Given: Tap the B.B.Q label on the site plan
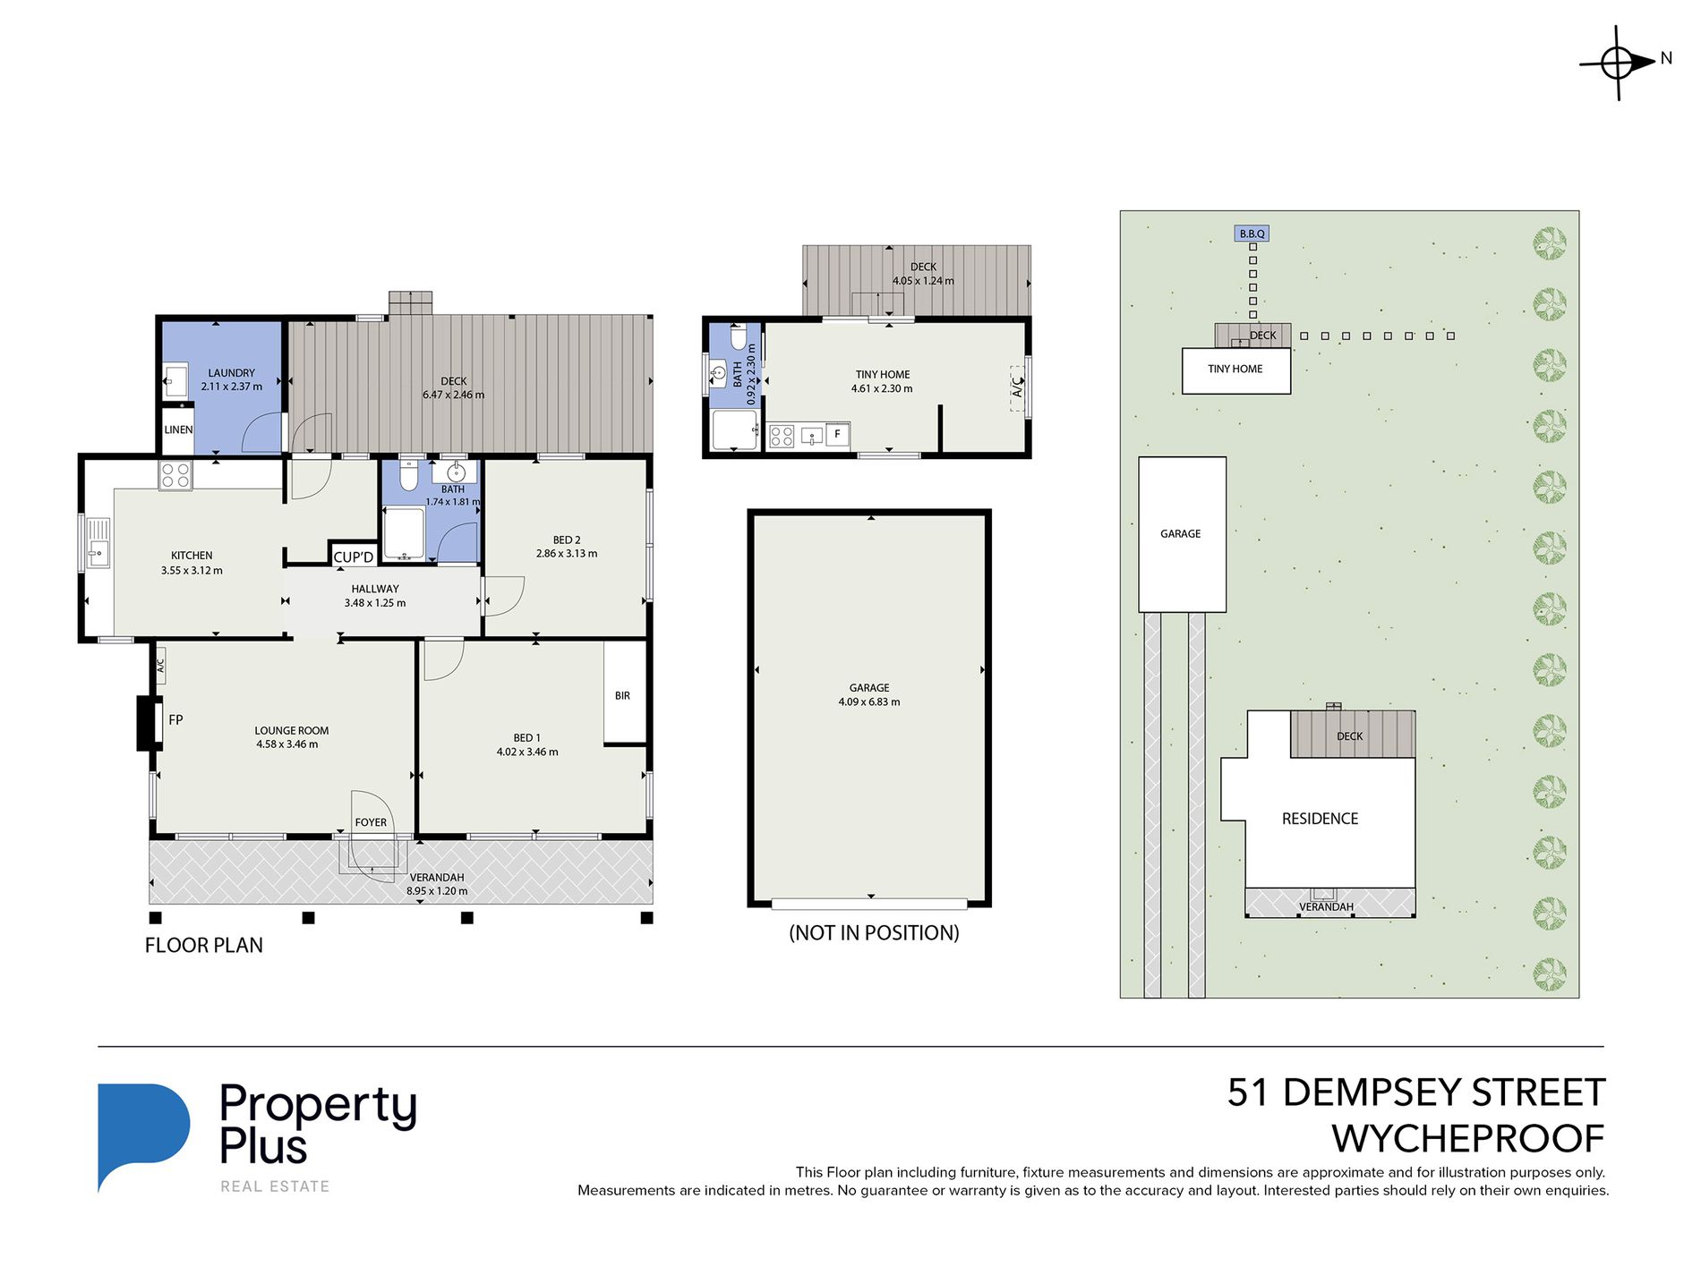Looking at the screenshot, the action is click(x=1252, y=234).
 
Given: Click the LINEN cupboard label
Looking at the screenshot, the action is click(x=178, y=429).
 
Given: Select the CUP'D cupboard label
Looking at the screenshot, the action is click(x=354, y=557).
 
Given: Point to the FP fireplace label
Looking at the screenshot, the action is click(x=175, y=719).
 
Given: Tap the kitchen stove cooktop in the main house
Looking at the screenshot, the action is click(x=175, y=475).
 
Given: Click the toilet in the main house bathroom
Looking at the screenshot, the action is click(x=408, y=475).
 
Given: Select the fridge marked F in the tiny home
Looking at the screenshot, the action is click(x=838, y=434).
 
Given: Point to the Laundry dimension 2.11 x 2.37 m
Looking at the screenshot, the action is click(x=232, y=387).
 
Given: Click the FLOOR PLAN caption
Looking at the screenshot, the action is click(x=204, y=945).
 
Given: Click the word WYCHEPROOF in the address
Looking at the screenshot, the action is click(x=1468, y=1139).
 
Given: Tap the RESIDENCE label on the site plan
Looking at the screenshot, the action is click(x=1320, y=819).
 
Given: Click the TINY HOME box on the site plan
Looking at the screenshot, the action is click(x=1236, y=370).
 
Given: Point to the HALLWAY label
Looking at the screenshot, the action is click(x=375, y=589).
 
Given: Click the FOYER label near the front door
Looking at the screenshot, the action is click(x=371, y=822).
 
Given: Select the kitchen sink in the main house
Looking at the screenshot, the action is click(x=97, y=543).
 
